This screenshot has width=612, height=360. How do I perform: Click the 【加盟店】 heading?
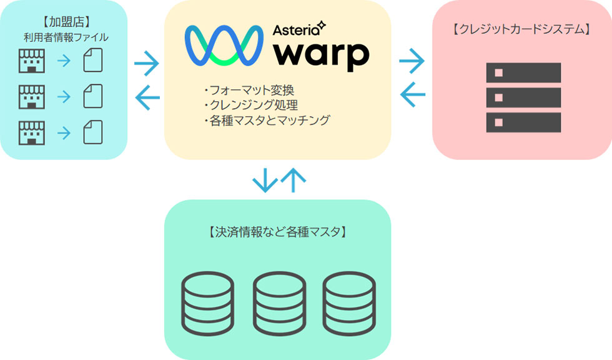[x=62, y=23]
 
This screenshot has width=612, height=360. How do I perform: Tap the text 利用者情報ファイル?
[x=62, y=37]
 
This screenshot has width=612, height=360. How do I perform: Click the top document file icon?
[x=92, y=61]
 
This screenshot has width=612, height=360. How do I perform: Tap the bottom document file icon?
[x=92, y=132]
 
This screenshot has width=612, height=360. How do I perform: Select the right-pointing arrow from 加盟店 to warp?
[x=147, y=62]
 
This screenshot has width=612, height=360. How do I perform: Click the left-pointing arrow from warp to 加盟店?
[x=147, y=97]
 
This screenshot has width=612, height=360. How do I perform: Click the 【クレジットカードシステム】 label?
[x=521, y=29]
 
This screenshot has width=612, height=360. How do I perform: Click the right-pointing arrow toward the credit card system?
[x=412, y=61]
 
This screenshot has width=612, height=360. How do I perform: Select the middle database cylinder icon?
[x=278, y=303]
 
